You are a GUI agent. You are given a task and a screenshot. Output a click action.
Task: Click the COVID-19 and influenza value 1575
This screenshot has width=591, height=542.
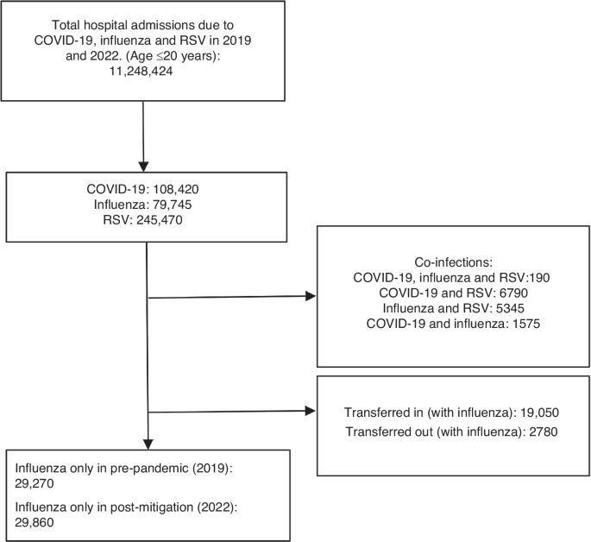(x=527, y=324)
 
